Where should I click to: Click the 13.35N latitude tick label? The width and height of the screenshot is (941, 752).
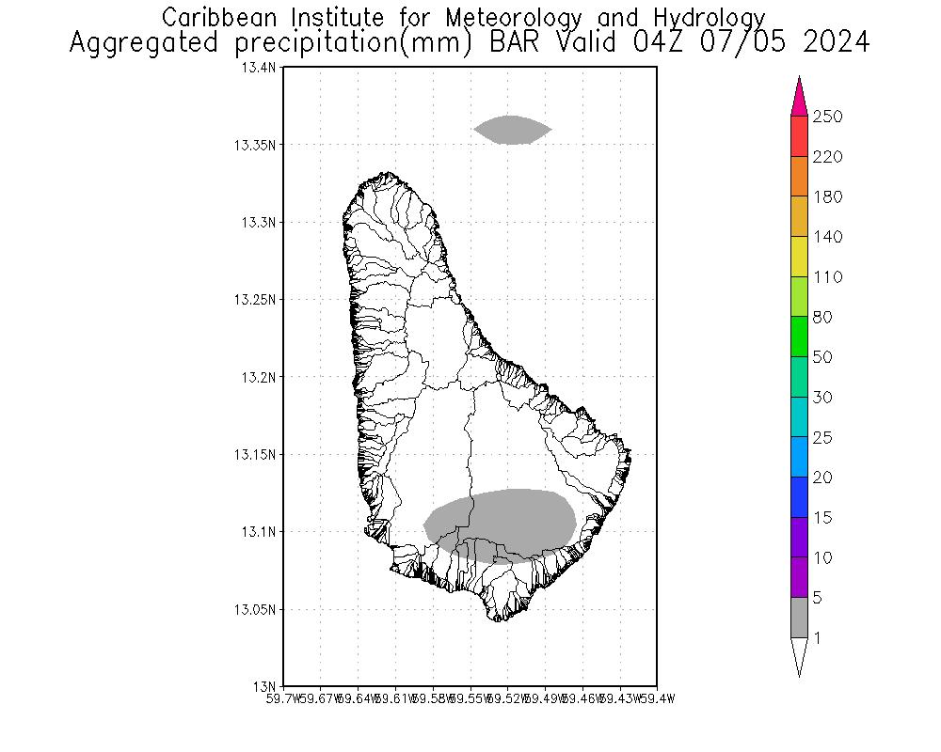coord(255,145)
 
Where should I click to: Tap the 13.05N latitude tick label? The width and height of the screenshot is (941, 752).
coord(255,609)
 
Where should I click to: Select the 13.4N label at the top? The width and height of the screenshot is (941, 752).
coord(259,68)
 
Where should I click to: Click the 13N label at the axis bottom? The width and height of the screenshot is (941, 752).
coord(266,685)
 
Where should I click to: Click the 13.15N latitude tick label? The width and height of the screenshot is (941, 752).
coord(255,454)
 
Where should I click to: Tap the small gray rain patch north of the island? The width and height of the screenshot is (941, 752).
coord(512,130)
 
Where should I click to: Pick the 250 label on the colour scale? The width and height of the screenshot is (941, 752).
coord(827,117)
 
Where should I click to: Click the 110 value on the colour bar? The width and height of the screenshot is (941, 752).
coord(827,277)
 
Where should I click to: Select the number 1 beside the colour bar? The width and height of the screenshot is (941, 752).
coord(818,638)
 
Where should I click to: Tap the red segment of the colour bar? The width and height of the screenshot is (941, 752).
coord(799,136)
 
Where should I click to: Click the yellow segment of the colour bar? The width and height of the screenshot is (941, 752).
coord(799,257)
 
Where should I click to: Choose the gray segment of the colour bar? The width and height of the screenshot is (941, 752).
coord(799,618)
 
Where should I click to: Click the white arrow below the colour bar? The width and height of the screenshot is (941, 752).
coord(799,655)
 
